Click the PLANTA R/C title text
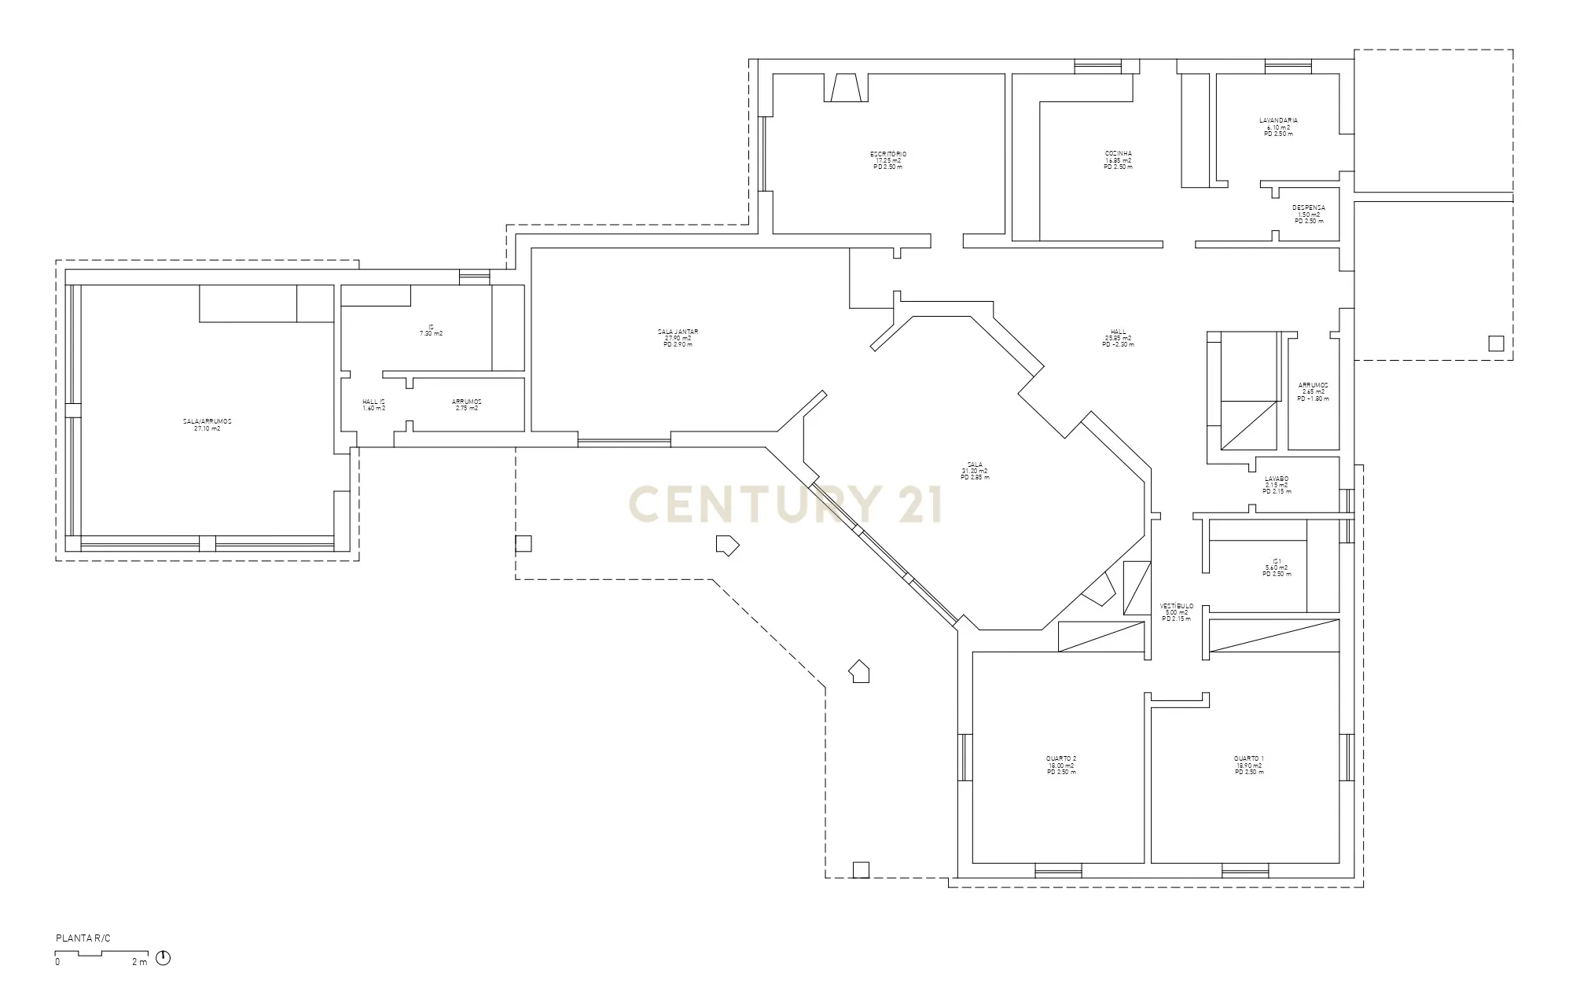click(83, 939)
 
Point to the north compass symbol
click(163, 958)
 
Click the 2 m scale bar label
click(139, 962)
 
